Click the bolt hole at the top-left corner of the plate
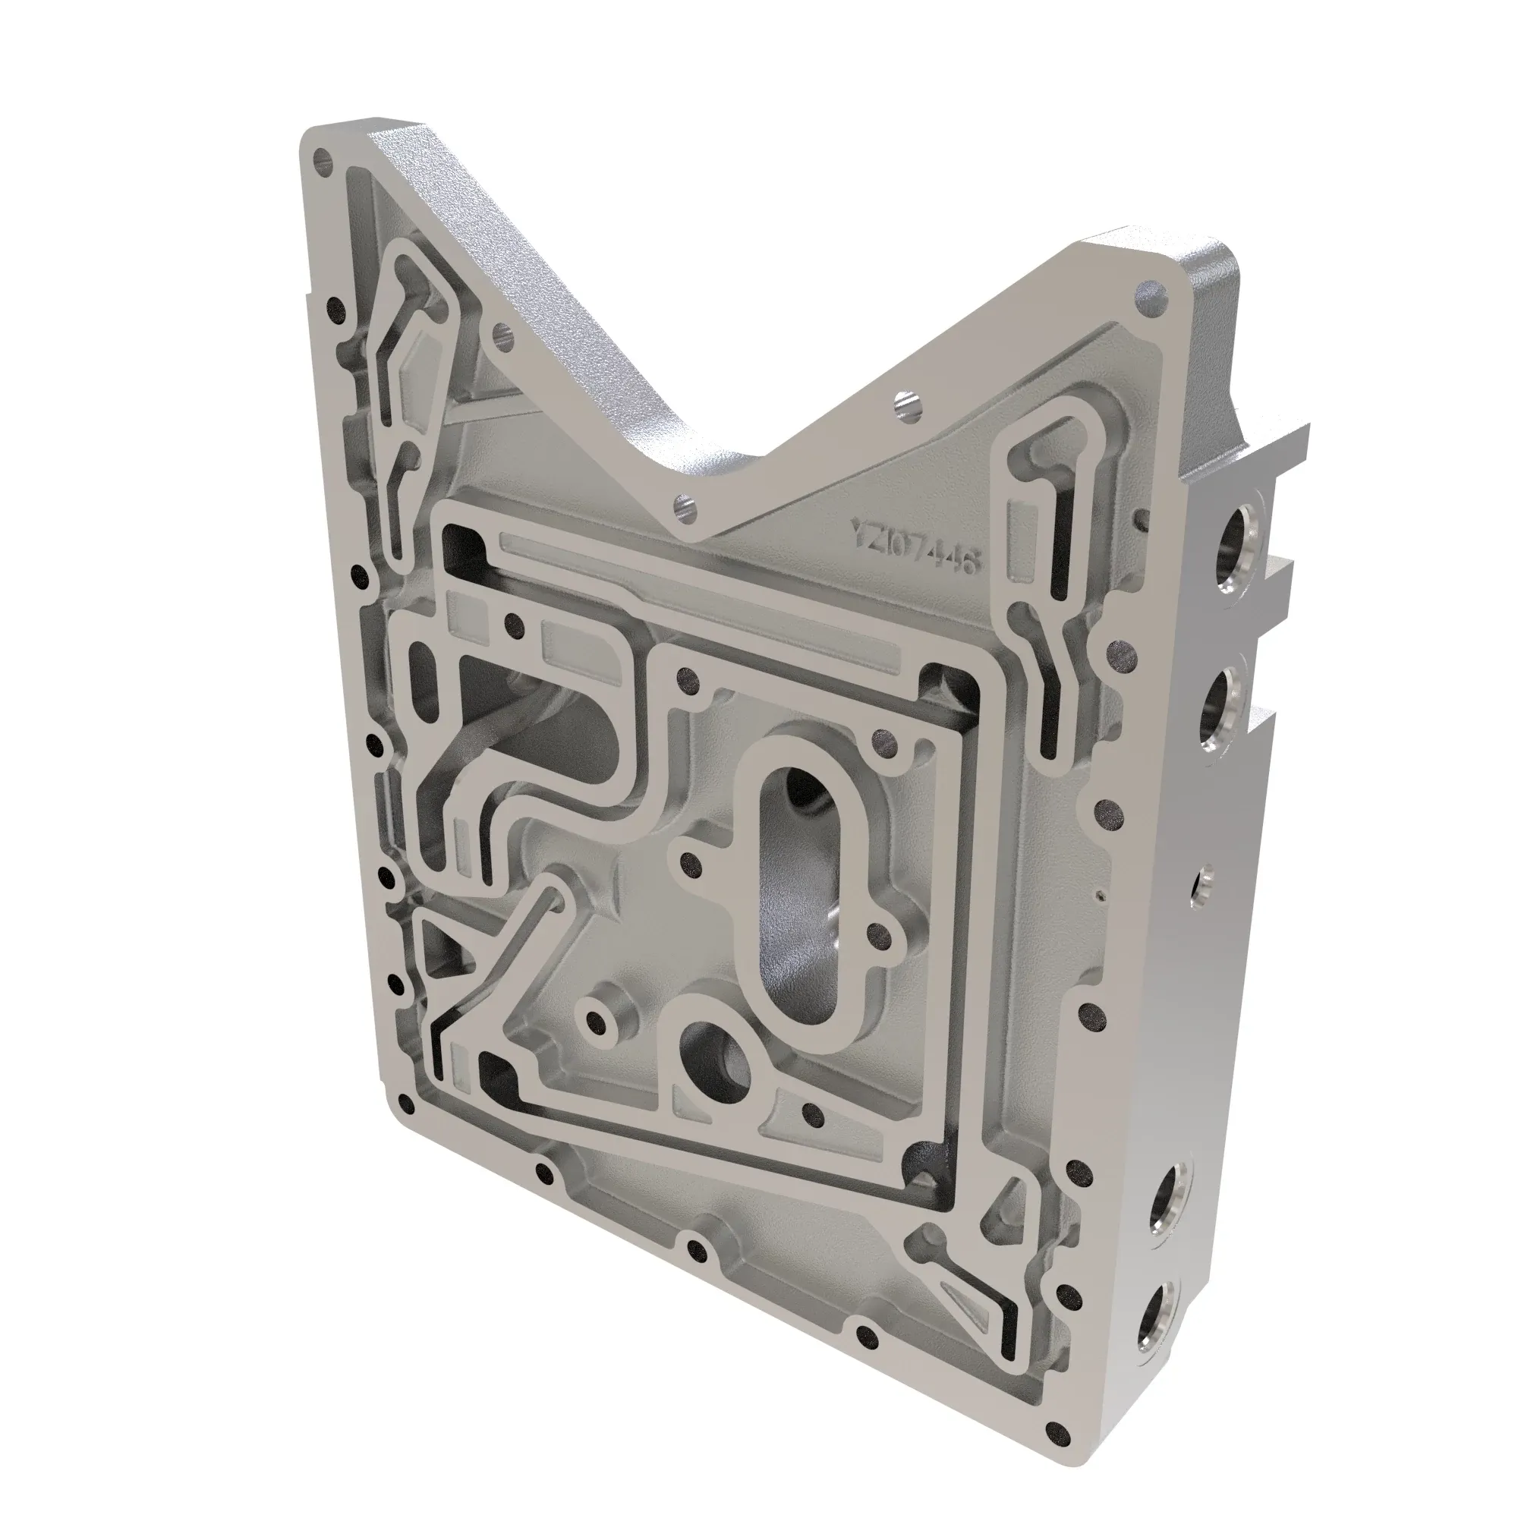[x=320, y=162]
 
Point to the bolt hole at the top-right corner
[x=1149, y=299]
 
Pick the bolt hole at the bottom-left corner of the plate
[x=405, y=1104]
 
